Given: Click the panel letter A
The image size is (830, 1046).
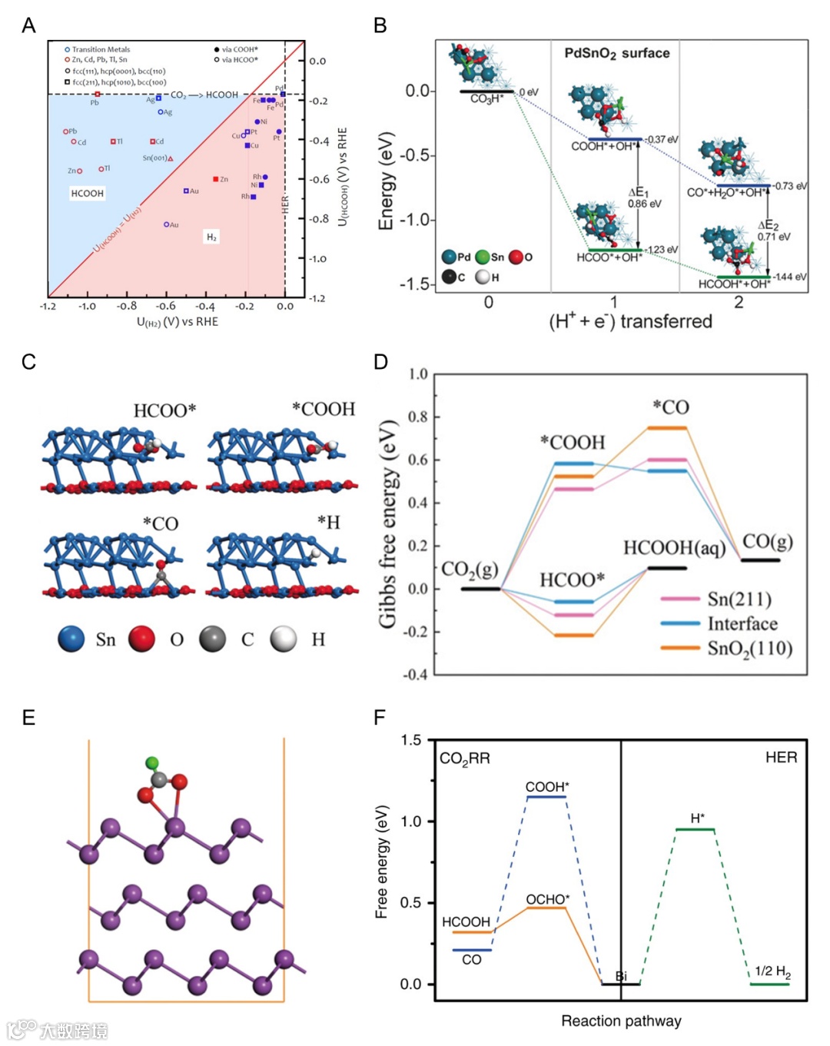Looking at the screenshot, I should coord(28,25).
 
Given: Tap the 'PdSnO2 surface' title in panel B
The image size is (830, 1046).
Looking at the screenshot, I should coord(616,53).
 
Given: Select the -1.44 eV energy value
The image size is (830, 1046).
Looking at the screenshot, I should coord(789,277).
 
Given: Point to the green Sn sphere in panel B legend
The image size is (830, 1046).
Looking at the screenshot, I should coord(483,257).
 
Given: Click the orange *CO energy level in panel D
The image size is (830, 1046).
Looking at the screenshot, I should coord(666,428).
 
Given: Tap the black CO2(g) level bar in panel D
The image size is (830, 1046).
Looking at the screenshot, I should coord(480,589).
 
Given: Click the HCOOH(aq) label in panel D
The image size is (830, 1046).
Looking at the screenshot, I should coord(674,547).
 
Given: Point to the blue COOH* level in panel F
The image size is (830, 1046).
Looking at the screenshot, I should coord(546,797).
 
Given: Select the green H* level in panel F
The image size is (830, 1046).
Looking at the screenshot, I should coord(695,829).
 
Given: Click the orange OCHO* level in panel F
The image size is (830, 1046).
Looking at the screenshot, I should coord(546,908).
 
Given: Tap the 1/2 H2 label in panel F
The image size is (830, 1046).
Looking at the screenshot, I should coord(772,971).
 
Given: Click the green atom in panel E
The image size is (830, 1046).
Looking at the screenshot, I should coord(152,763).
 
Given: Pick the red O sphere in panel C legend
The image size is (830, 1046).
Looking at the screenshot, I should coord(141,639).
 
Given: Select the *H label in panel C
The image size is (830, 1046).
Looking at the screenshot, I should coord(328,523).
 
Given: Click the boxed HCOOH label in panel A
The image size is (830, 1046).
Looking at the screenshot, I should coord(87,194).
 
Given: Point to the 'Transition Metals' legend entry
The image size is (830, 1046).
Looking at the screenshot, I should coord(101,49).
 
